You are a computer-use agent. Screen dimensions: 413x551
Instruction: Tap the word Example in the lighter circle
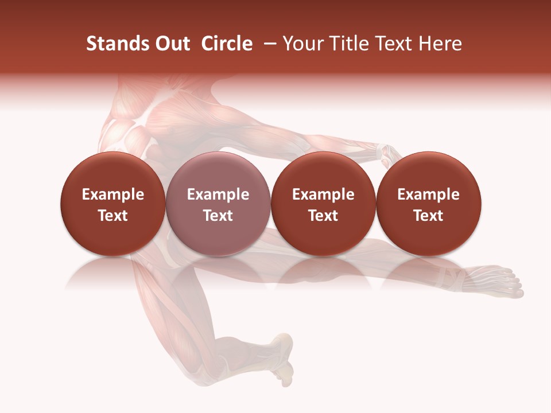click(218, 194)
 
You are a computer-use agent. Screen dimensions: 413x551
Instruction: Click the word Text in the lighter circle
click(218, 216)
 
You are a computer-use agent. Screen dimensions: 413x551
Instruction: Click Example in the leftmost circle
click(113, 194)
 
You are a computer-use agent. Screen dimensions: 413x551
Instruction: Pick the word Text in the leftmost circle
click(113, 216)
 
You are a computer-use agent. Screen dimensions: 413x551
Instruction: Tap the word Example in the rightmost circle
click(429, 194)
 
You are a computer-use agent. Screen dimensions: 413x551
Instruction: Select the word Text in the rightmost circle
click(429, 216)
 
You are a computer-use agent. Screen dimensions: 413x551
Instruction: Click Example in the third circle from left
click(324, 194)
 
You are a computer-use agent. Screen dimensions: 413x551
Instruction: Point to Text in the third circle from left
click(324, 216)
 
